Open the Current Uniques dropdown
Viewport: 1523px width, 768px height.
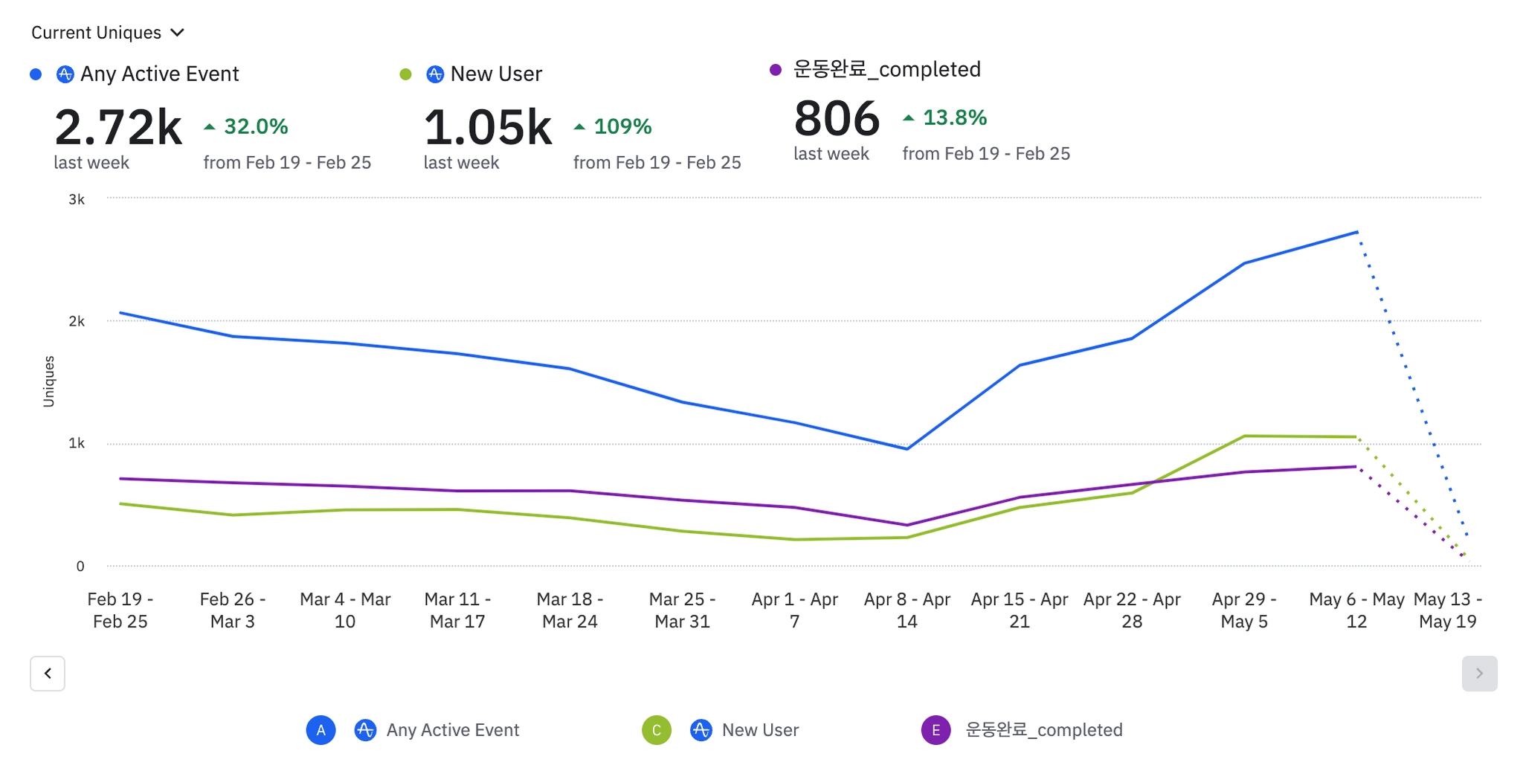point(107,33)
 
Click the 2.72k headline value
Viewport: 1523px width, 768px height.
point(118,127)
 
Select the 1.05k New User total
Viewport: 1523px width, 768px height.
point(488,127)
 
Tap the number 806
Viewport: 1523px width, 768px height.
point(837,119)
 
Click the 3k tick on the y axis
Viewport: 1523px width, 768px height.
point(77,199)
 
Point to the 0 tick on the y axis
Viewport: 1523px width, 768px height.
point(80,567)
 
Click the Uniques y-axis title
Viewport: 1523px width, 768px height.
point(49,381)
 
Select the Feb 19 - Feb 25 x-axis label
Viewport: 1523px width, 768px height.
point(120,610)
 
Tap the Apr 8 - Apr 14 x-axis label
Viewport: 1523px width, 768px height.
point(907,610)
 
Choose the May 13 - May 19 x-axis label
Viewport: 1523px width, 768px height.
point(1447,610)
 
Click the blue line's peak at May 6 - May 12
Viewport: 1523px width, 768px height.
point(1357,232)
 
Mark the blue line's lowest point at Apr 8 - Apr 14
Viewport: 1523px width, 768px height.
point(907,448)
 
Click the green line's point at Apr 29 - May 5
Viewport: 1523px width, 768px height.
point(1244,436)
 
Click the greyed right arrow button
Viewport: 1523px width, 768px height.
point(1479,674)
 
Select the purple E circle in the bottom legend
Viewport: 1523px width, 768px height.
point(936,730)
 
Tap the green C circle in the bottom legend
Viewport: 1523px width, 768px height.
point(657,730)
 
